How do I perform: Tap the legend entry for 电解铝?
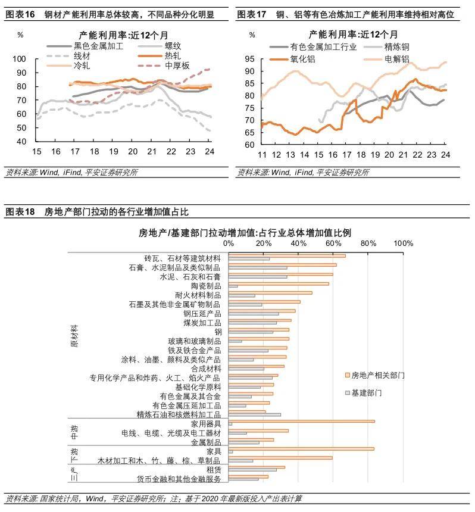[397, 58]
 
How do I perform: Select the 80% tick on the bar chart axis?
[368, 243]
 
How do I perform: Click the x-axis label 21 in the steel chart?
[151, 151]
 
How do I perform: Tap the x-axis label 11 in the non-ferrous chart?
[261, 155]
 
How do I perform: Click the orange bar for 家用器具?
[302, 421]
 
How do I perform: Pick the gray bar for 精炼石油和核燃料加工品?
[255, 414]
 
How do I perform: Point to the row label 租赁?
[212, 469]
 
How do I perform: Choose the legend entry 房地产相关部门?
[378, 376]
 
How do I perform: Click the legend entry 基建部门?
[366, 393]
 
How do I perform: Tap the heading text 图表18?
[21, 213]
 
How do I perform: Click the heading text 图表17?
[252, 14]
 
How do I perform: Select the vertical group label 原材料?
[74, 336]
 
